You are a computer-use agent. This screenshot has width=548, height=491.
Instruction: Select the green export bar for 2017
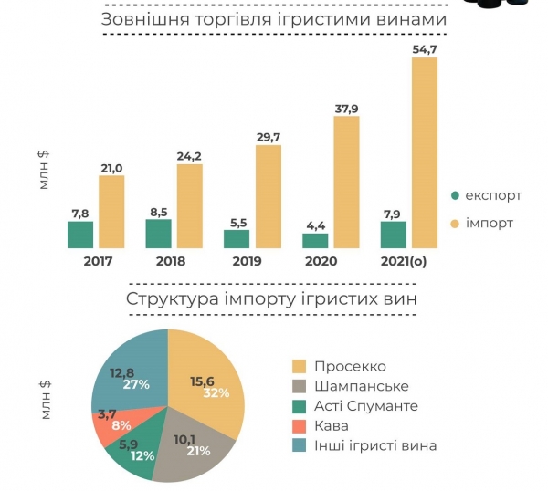(x=80, y=235)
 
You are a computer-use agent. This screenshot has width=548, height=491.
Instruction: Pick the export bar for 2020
(x=315, y=241)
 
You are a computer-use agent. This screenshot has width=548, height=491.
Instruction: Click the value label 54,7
(x=424, y=47)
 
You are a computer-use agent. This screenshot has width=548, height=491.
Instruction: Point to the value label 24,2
(x=189, y=155)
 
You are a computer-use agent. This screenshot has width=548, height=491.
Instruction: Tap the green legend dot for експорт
(x=455, y=195)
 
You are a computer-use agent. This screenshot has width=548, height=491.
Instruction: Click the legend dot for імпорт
(x=455, y=223)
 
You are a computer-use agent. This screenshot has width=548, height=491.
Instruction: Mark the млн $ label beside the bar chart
(x=44, y=167)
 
